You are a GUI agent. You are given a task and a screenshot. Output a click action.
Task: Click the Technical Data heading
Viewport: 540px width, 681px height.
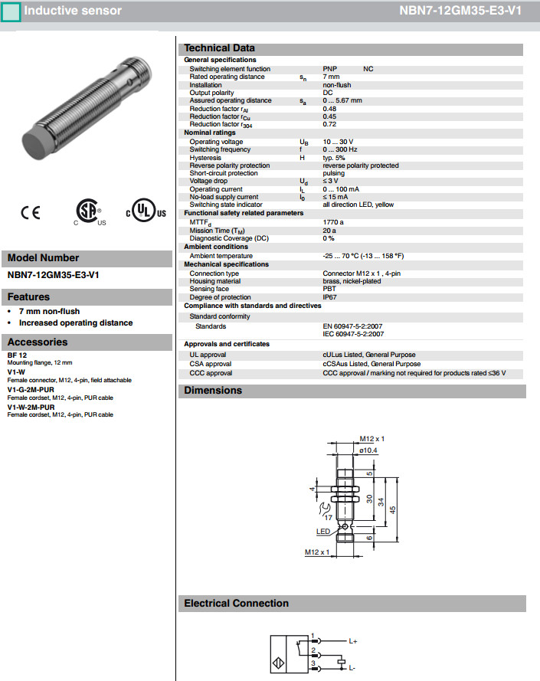[219, 48]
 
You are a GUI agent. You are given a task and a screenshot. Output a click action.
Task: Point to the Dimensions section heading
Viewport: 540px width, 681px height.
[213, 391]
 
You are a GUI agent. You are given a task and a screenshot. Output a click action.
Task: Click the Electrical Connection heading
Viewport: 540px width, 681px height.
[236, 604]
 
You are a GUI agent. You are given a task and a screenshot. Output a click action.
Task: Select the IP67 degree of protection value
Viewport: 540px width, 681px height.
[329, 297]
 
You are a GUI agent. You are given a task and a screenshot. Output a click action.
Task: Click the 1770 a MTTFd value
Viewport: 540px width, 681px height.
[333, 222]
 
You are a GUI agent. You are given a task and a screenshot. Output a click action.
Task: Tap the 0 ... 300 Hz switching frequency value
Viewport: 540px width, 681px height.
[340, 149]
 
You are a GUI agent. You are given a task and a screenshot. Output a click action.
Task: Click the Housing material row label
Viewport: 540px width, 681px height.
[217, 281]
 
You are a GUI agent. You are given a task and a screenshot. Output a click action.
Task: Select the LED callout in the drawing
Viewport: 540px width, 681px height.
[323, 531]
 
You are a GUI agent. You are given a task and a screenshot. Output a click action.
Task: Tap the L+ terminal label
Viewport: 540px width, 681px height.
[353, 640]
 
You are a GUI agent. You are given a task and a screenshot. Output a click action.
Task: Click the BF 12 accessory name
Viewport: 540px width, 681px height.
[17, 355]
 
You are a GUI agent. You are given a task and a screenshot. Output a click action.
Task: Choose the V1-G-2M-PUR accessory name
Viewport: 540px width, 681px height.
[31, 389]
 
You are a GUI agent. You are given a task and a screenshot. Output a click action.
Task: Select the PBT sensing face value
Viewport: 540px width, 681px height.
[329, 290]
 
